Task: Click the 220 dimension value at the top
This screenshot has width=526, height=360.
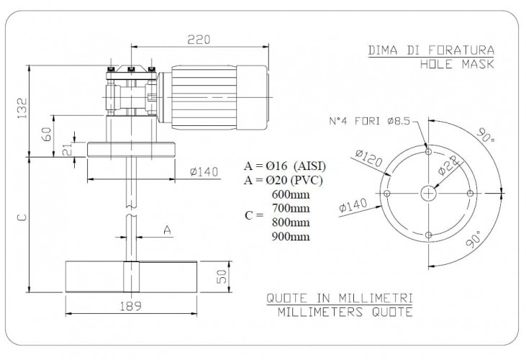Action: tap(199, 40)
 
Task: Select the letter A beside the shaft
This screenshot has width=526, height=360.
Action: tap(167, 230)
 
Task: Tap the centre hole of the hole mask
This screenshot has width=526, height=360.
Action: tap(429, 193)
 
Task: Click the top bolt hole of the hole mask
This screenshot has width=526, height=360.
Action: tap(429, 153)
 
